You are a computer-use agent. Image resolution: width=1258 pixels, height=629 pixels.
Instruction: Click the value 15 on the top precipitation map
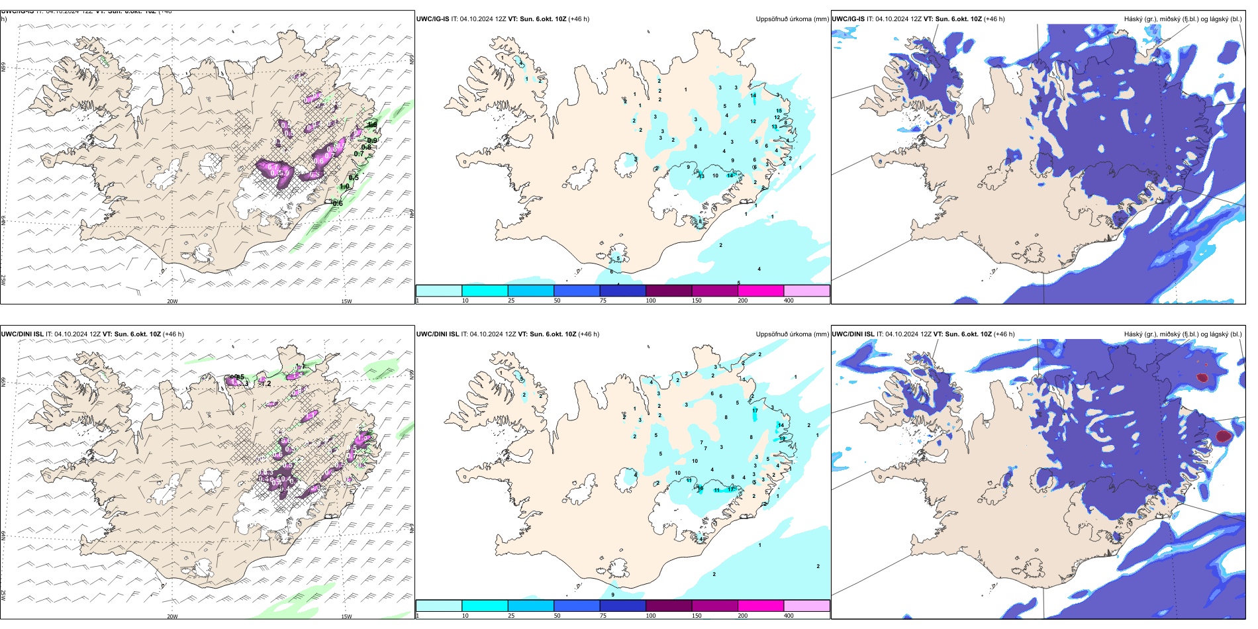pos(779,111)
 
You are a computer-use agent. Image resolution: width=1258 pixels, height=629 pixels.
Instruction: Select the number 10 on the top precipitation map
pos(715,175)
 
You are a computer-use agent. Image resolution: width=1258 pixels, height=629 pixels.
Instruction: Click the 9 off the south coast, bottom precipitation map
pos(612,595)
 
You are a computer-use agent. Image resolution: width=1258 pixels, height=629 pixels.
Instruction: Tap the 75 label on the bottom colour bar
pos(603,616)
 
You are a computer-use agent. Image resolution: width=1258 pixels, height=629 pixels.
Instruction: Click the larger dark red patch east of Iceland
pos(1223,436)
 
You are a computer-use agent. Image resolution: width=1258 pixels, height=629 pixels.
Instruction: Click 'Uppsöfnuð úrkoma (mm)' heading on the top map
pos(792,19)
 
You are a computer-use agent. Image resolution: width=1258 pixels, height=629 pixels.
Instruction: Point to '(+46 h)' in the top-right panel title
pos(994,19)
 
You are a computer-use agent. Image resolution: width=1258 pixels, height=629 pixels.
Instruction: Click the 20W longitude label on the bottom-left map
pos(172,616)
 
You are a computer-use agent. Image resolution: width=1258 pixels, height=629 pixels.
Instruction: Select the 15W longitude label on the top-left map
pos(346,301)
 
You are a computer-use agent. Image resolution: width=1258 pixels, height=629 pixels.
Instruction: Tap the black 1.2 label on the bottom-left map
pos(266,383)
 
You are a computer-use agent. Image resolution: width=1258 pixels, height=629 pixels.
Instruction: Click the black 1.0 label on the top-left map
pos(344,187)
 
